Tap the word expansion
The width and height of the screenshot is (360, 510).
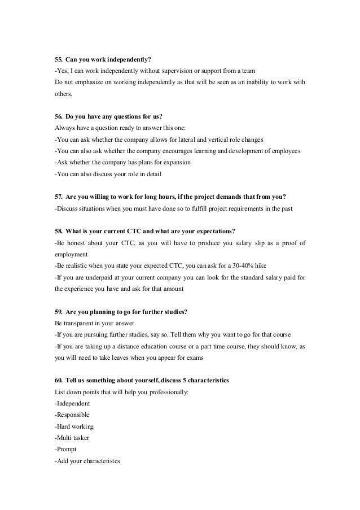pyautogui.click(x=175, y=163)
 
